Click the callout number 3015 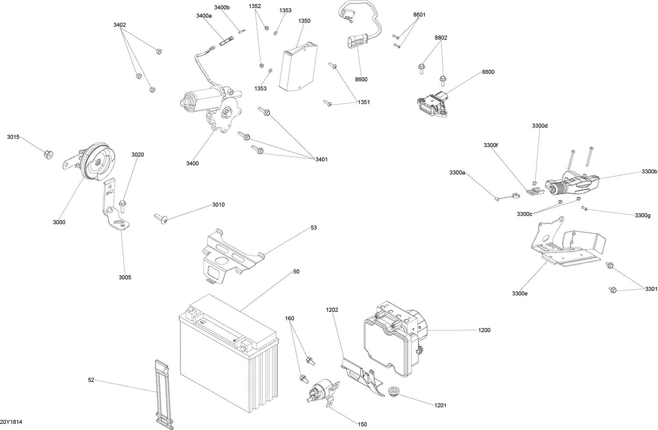(13, 137)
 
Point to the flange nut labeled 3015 (48, 154)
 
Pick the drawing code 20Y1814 (11, 422)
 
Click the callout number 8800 (488, 72)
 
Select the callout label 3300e (519, 293)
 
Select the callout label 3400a (204, 16)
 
